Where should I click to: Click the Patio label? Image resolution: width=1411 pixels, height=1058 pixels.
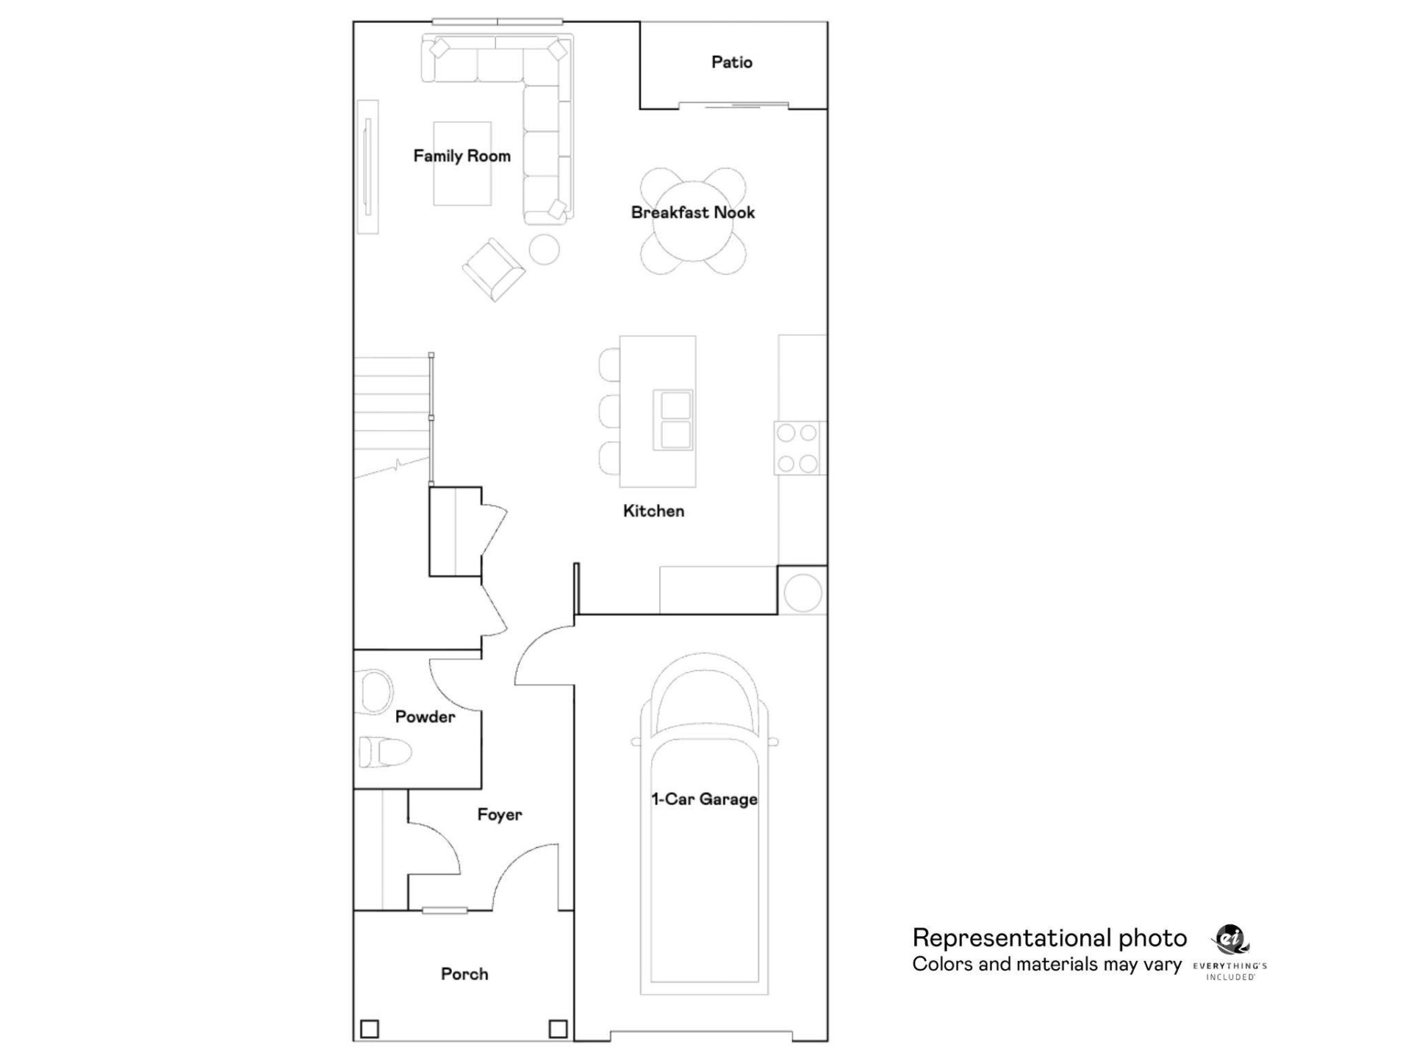click(x=731, y=62)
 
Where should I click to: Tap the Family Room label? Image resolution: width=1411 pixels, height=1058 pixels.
click(x=462, y=156)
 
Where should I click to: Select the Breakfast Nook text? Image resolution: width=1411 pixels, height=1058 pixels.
click(x=692, y=212)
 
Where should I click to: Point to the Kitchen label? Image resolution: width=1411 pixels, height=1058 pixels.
click(x=653, y=511)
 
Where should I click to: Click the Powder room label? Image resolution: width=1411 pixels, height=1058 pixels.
click(x=425, y=717)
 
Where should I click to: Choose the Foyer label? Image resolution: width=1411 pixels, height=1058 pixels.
click(x=500, y=815)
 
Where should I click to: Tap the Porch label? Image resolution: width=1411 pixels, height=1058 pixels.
click(x=464, y=974)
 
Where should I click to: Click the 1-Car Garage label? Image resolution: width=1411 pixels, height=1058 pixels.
click(x=704, y=799)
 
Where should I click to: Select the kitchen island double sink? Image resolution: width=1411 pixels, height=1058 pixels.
click(x=672, y=420)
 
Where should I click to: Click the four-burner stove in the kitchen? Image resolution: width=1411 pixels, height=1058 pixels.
click(x=797, y=448)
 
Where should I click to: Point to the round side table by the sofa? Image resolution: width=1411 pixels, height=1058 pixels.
click(x=545, y=249)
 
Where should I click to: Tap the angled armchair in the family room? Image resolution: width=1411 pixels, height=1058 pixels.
click(x=493, y=269)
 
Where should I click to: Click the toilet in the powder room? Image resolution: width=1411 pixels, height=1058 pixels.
click(x=385, y=752)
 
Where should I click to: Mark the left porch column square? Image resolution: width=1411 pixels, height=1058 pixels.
click(x=370, y=1029)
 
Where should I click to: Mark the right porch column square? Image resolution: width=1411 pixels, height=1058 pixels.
click(x=558, y=1029)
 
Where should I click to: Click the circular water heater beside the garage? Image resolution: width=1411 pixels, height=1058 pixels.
click(x=803, y=592)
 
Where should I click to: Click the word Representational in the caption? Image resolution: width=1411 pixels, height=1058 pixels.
click(x=1011, y=938)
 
